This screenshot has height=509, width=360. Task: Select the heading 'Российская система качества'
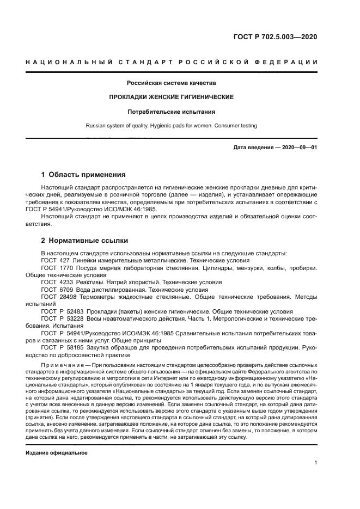pos(172,83)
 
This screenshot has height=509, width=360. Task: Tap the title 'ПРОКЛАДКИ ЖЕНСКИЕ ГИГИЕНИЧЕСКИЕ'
pos(172,97)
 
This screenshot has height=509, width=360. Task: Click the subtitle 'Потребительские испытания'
pos(172,112)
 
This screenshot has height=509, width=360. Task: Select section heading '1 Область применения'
pos(83,175)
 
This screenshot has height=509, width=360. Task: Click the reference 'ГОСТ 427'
pos(54,261)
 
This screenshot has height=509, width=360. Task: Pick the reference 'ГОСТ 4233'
pos(56,283)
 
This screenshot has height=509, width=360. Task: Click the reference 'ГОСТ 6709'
pos(56,290)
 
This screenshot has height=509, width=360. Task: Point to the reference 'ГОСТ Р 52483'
pos(60,311)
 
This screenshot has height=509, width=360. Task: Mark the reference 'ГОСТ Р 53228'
pos(60,318)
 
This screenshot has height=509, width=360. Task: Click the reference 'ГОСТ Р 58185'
pos(60,347)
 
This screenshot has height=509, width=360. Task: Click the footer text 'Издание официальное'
pos(57,452)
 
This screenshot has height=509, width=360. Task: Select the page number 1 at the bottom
pos(315,463)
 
